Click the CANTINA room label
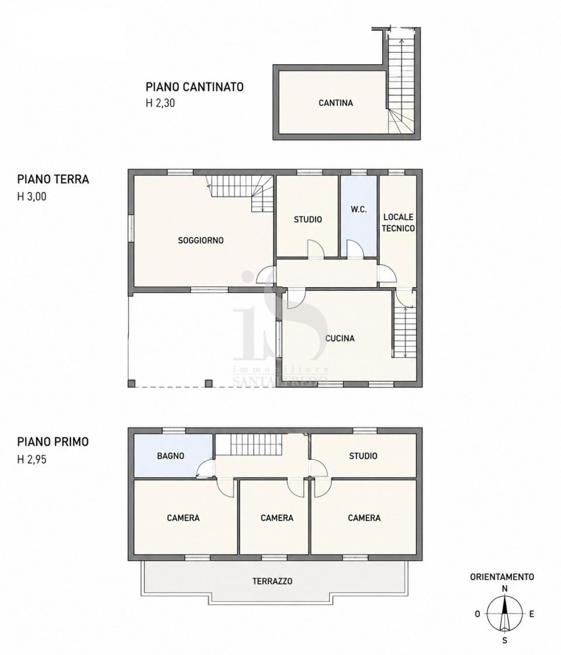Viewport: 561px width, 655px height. coord(335,103)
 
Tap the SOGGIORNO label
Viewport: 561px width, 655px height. coord(201,240)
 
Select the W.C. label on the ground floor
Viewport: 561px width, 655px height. coord(359,210)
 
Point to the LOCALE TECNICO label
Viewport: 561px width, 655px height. coord(399,223)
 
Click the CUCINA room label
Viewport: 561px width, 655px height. coord(340,339)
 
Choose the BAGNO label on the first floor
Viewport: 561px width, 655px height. coord(171,456)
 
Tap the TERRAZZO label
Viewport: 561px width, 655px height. coord(272,581)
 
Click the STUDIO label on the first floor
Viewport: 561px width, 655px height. coord(363,456)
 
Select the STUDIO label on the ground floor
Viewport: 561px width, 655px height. coord(308,220)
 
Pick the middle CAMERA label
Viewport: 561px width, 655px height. coord(277,518)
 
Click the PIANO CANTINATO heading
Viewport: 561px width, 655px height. coord(195,87)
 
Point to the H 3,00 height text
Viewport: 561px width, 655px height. coord(32,196)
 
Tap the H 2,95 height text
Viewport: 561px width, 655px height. coord(32,460)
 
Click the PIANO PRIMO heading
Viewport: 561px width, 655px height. coord(53,442)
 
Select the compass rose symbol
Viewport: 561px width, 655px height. coord(505,614)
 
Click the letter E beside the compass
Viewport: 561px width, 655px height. coord(531,614)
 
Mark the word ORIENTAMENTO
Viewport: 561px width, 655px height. coord(502,577)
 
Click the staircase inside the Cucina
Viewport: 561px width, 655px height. coord(404,333)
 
